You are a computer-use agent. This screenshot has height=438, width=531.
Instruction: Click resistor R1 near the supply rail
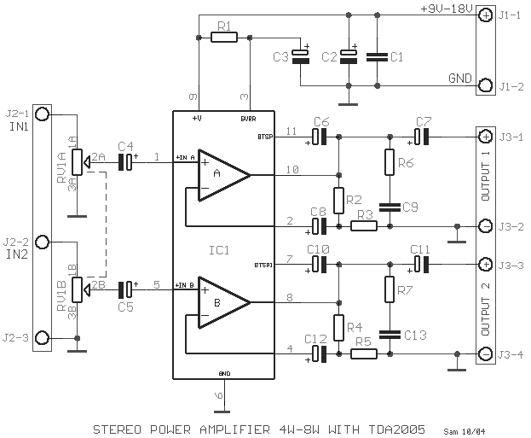click(223, 38)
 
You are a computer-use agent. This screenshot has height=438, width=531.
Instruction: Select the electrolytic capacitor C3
click(300, 55)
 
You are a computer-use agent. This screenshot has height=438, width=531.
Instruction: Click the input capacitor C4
click(126, 161)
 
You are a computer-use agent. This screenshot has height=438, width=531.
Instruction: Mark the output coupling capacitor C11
click(420, 263)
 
